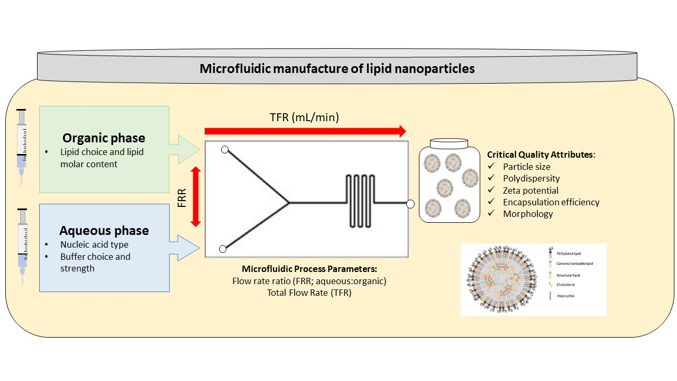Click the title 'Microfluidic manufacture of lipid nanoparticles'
click(x=337, y=69)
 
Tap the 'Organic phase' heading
click(x=104, y=138)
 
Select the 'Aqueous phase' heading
click(x=104, y=231)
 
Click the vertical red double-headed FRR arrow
click(x=196, y=196)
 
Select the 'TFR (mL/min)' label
click(x=305, y=118)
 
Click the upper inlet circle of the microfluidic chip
click(x=225, y=150)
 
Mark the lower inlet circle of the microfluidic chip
click(x=223, y=249)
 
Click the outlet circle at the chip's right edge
click(x=410, y=203)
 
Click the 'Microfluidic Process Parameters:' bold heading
click(x=309, y=269)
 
